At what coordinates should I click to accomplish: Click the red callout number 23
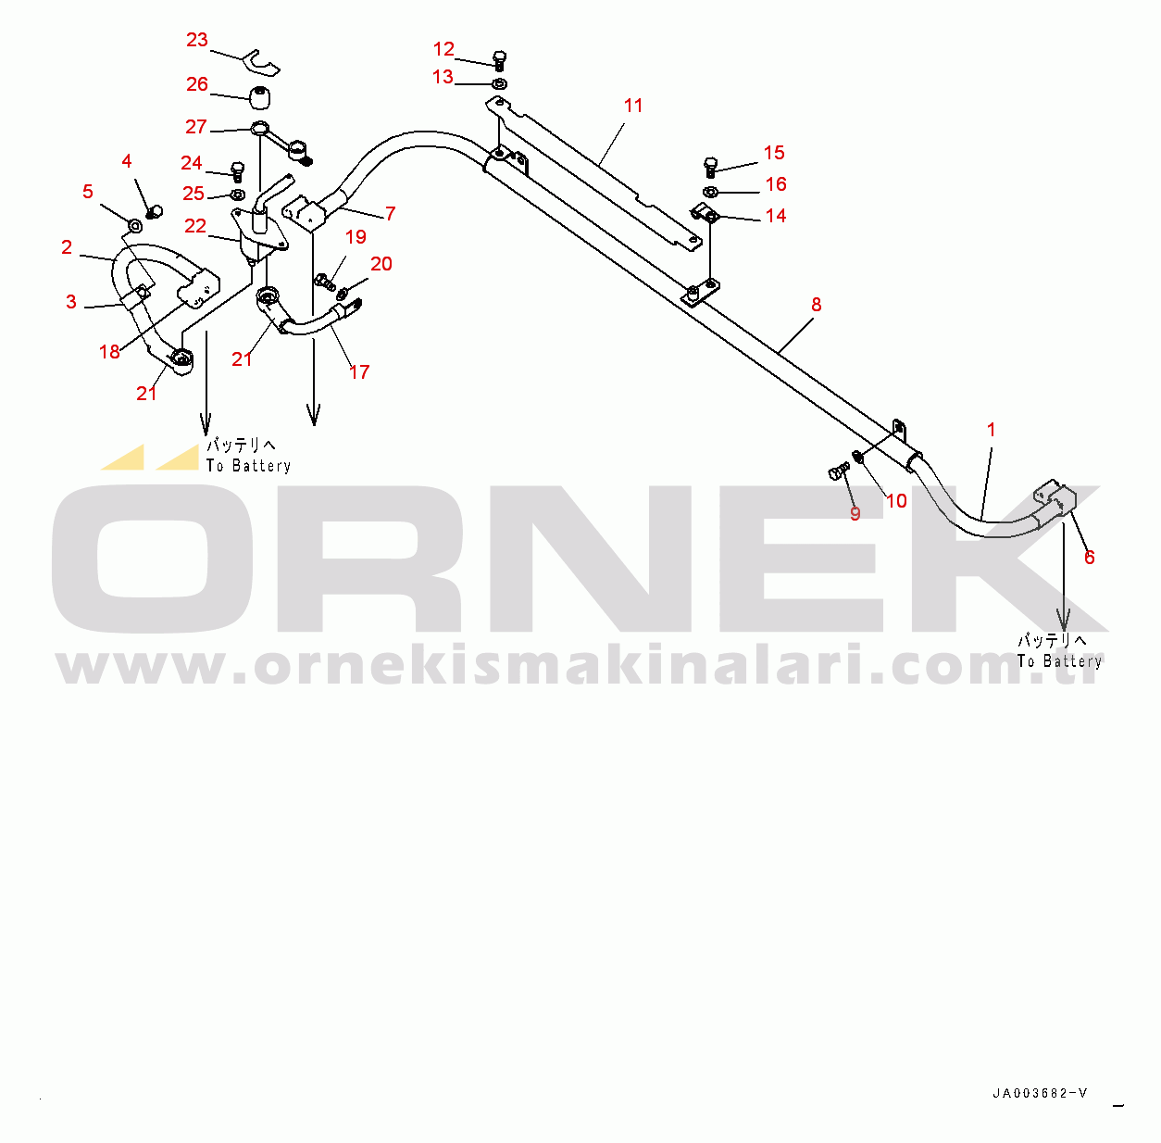tap(197, 40)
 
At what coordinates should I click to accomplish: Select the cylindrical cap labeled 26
tap(260, 94)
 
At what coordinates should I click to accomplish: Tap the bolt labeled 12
tap(499, 60)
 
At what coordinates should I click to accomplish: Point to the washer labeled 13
tap(499, 84)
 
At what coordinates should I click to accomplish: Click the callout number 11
tap(633, 106)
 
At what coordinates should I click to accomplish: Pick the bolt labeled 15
tap(710, 167)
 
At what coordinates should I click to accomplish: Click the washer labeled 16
tap(710, 192)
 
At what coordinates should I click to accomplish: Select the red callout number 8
tap(816, 305)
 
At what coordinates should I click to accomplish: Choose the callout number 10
tap(896, 501)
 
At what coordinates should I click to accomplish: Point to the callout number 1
tap(992, 430)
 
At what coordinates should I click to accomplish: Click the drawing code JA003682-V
tap(1040, 1093)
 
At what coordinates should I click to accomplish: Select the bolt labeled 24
tap(237, 171)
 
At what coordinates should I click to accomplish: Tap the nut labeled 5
tap(135, 225)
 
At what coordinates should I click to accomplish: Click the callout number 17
tap(359, 372)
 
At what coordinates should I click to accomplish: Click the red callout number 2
tap(67, 247)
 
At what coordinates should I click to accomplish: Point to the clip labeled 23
tap(262, 62)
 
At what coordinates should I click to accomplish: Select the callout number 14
tap(776, 216)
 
